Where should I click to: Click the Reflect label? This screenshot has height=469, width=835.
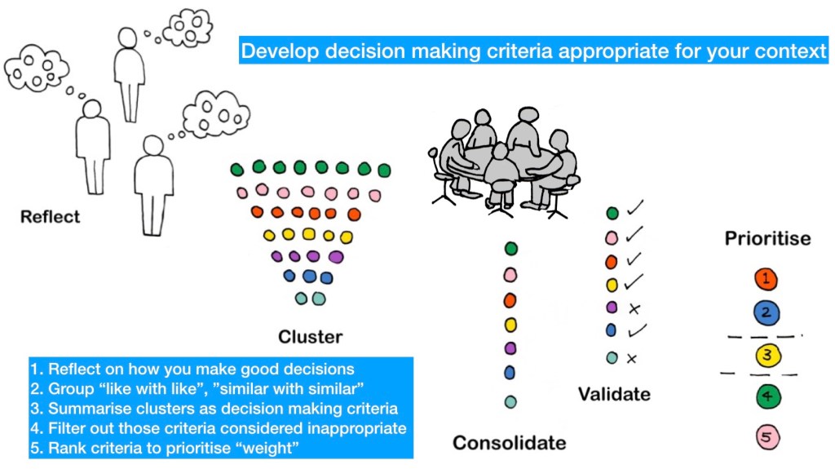[x=51, y=217]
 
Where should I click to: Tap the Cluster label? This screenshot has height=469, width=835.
[x=310, y=337]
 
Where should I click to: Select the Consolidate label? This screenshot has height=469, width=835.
[x=509, y=443]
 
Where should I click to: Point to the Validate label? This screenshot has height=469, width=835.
[x=614, y=394]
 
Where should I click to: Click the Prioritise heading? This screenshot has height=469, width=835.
[x=767, y=239]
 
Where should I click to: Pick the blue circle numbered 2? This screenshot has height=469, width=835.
[x=767, y=312]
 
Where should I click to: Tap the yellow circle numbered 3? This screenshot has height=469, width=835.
[x=767, y=355]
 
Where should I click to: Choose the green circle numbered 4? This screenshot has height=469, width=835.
[x=767, y=398]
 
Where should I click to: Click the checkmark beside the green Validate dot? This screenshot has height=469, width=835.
[x=637, y=213]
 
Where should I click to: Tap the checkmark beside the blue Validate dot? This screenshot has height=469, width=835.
[x=637, y=331]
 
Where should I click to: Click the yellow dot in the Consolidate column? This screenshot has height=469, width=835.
[x=510, y=325]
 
